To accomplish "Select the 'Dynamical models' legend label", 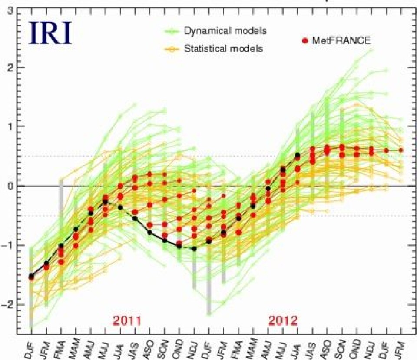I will (x=225, y=31).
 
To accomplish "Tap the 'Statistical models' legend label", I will (x=223, y=49).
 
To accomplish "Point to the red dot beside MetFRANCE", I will (x=304, y=40).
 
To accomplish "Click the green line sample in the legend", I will (x=171, y=31).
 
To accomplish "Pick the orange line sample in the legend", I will (x=171, y=49).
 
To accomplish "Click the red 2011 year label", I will (x=127, y=321).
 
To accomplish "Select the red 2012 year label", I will (x=283, y=321).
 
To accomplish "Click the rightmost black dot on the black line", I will (x=298, y=155).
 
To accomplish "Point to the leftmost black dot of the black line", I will (x=31, y=277).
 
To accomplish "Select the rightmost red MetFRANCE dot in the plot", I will (x=401, y=150).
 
